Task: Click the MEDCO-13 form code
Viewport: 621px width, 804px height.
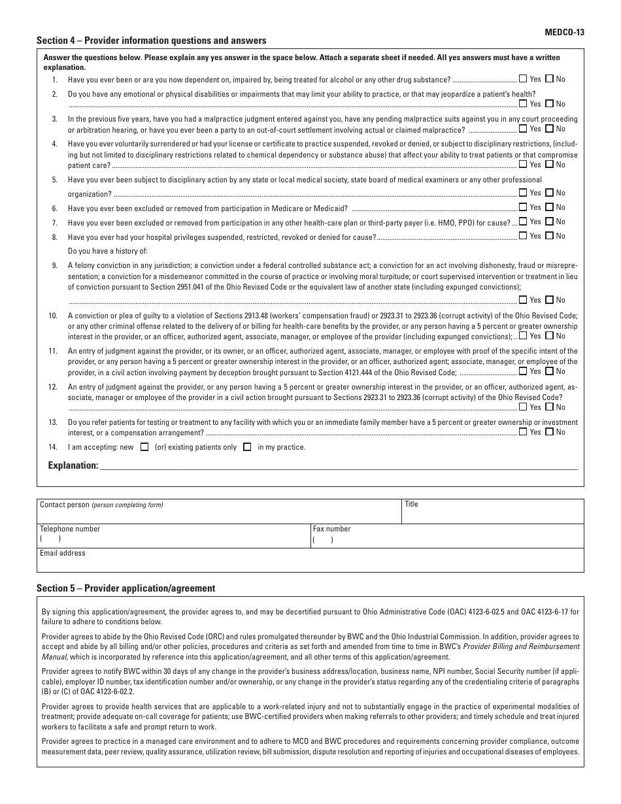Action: (x=564, y=31)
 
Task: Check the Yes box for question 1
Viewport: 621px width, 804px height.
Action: (x=523, y=79)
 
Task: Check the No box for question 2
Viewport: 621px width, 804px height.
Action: (x=549, y=103)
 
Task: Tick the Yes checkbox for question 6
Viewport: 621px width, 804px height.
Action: (x=523, y=207)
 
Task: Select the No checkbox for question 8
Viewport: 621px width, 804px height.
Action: (x=549, y=236)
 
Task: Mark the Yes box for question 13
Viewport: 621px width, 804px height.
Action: (x=523, y=431)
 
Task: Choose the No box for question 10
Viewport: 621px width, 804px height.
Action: (x=549, y=336)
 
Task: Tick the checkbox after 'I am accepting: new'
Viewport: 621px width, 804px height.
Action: (x=144, y=448)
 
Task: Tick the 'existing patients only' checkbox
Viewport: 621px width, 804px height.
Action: (x=247, y=448)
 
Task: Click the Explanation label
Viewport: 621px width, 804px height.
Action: (x=73, y=465)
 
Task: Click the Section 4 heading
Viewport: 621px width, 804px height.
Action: (x=151, y=41)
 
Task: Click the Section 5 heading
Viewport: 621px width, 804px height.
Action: (x=126, y=588)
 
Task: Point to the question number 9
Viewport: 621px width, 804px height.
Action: (x=55, y=266)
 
